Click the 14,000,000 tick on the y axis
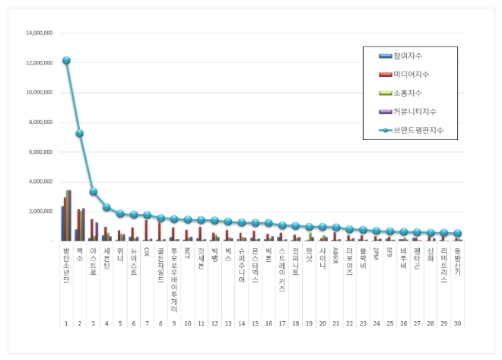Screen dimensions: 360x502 (39, 33)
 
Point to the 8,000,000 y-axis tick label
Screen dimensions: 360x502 (40, 123)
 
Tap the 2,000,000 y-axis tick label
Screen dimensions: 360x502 (40, 212)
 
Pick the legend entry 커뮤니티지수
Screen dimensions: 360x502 (415, 112)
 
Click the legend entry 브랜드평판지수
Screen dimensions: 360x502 (418, 130)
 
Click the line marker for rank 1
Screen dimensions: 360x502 (66, 60)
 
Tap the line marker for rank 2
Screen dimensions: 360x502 (80, 133)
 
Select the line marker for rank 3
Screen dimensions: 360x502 (93, 192)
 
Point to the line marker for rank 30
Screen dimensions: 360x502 (457, 234)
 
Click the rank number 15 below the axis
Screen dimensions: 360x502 (256, 323)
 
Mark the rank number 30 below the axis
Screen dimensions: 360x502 (457, 323)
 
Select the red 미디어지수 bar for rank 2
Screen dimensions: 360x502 (78, 225)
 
